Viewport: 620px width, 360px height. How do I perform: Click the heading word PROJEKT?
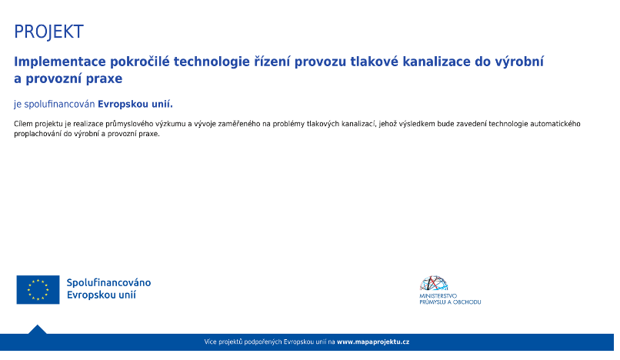coord(48,32)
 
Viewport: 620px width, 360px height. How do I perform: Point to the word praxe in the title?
coord(105,78)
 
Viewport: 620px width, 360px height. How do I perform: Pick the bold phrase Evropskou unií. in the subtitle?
coord(135,104)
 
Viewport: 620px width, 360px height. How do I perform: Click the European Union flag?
coord(38,290)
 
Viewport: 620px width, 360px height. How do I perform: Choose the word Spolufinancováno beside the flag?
coord(108,283)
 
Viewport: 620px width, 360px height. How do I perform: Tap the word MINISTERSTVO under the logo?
coord(438,296)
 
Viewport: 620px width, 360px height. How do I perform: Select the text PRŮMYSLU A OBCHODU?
coord(450,302)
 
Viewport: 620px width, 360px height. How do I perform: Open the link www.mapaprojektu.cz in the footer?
coord(373,342)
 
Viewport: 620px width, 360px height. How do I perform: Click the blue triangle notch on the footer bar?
coord(37,329)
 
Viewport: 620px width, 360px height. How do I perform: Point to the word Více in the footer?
coord(211,342)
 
